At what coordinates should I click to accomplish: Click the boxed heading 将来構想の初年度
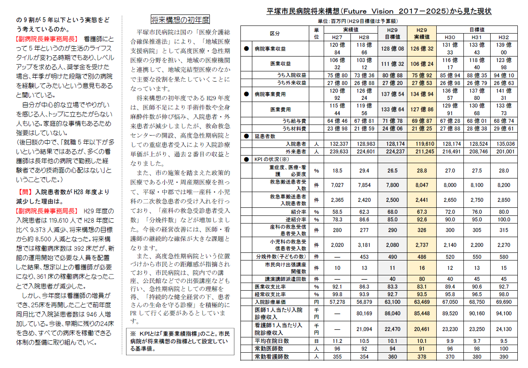click(x=180, y=20)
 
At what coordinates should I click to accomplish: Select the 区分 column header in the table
click(x=275, y=33)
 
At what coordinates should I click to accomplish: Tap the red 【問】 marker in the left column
click(x=25, y=192)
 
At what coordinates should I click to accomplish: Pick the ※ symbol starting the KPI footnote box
click(x=133, y=334)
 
